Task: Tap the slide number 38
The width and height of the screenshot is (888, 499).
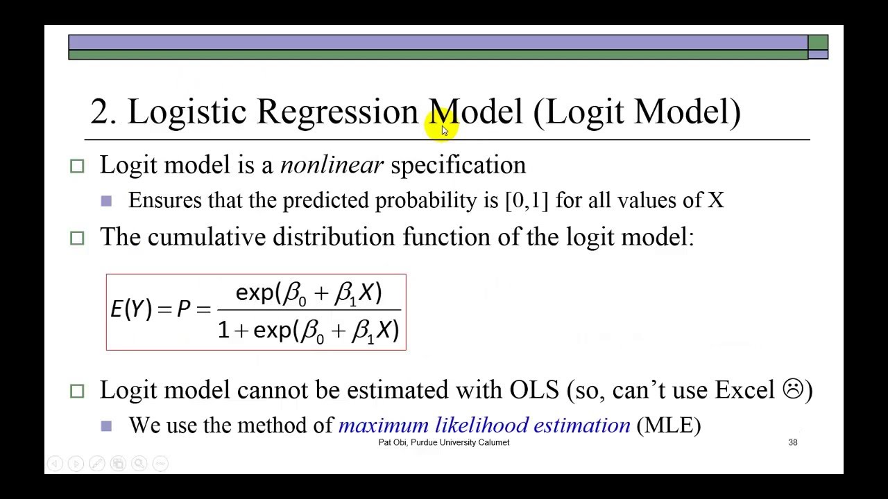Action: tap(793, 442)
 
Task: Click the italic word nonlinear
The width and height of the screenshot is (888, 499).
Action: tap(332, 165)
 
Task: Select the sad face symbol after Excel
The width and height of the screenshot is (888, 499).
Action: tap(792, 389)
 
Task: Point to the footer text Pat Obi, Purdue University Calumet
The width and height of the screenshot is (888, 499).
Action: tap(443, 442)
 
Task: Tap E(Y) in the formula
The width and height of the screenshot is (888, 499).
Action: tap(130, 309)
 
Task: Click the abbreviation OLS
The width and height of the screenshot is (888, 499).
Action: tap(533, 389)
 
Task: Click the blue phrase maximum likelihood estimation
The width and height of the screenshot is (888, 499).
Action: tap(484, 425)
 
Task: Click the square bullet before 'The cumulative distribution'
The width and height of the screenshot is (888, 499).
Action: tap(77, 238)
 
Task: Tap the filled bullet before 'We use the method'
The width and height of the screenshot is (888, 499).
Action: tap(106, 426)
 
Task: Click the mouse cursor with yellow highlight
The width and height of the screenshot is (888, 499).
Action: tap(444, 130)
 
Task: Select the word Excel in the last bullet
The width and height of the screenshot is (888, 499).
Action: tap(744, 389)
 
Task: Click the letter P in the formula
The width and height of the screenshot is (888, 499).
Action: tap(184, 309)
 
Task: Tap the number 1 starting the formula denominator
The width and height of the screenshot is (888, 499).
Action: tap(223, 331)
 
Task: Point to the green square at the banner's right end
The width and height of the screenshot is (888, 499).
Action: tap(818, 42)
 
